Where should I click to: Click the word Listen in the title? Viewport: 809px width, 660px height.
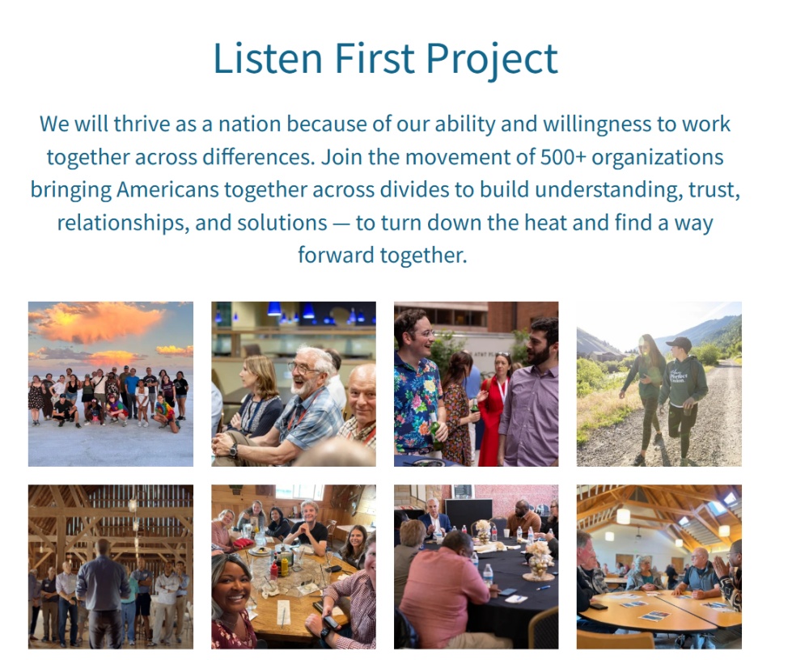[x=268, y=57]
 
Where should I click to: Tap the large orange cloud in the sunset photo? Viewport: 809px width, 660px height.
[x=98, y=321]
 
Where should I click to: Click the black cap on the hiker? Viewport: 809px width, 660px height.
[x=679, y=343]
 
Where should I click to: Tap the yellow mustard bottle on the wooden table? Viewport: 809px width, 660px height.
[x=284, y=567]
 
